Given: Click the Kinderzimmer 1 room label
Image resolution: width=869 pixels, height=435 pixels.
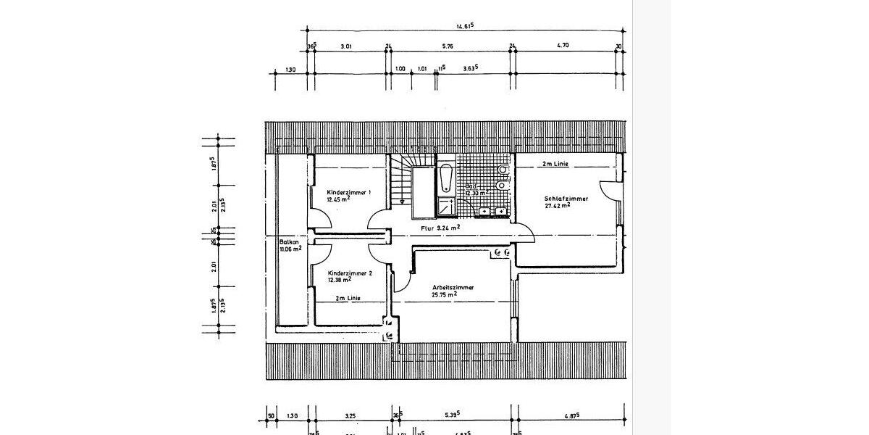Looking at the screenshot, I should [x=349, y=192].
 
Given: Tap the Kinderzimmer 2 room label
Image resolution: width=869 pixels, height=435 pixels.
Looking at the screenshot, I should [x=349, y=273].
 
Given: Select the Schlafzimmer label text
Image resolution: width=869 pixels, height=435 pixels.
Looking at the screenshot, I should [x=566, y=198].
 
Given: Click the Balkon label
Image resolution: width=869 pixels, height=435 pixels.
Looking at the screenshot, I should [x=289, y=241].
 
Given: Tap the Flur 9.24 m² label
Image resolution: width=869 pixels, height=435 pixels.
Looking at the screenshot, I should [x=441, y=227].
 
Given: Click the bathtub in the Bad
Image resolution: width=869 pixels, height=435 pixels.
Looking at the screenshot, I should [x=447, y=178].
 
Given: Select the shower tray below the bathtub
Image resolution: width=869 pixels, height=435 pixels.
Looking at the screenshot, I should [x=447, y=206].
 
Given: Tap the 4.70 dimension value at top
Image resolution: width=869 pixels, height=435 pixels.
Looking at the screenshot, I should [x=563, y=46].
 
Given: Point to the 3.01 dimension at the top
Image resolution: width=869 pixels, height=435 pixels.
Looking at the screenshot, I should [x=346, y=46].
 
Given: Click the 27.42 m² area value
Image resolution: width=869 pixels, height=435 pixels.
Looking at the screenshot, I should [x=557, y=205].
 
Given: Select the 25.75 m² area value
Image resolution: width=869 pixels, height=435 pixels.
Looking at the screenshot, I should [x=443, y=295].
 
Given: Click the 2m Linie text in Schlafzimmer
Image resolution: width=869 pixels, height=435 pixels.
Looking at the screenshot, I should [x=555, y=165].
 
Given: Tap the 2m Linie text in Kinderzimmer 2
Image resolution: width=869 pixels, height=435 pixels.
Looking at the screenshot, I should [x=348, y=299].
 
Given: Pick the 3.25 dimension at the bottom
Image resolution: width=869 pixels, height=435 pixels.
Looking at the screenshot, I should [x=350, y=415].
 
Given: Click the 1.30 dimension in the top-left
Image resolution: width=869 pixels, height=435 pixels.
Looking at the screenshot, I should [x=290, y=70].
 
